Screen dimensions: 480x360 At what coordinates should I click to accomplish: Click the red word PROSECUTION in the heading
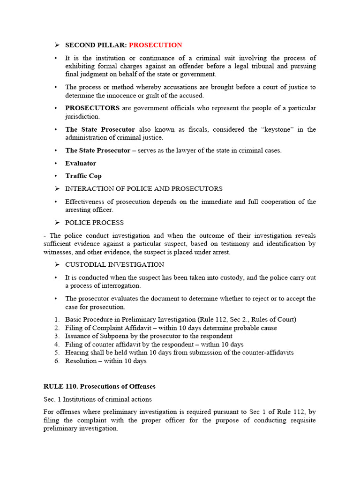(155, 45)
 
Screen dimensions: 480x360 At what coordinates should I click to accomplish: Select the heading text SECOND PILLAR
(96, 45)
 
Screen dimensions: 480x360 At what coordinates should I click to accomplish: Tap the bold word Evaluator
(81, 163)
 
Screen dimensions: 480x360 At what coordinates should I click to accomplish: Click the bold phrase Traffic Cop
(83, 176)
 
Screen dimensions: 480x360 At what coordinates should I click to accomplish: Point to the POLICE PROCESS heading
(94, 223)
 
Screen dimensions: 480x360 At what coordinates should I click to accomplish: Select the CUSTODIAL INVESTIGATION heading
(114, 265)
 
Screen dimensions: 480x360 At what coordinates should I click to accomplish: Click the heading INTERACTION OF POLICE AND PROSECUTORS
(143, 188)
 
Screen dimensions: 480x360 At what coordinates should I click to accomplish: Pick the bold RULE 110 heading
(99, 387)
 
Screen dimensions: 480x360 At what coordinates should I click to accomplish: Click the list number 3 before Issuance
(56, 336)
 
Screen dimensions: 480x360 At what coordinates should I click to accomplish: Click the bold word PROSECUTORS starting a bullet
(92, 108)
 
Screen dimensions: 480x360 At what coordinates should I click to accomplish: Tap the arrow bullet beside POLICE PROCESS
(57, 223)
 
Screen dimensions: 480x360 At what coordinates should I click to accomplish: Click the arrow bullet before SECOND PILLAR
(57, 45)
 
